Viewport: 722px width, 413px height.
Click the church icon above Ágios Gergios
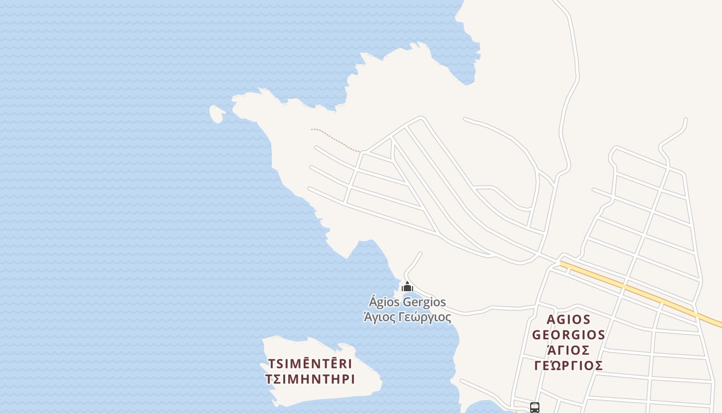coord(407,287)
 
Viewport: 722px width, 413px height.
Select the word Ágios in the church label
coord(384,302)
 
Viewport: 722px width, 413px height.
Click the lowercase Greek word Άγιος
coord(377,317)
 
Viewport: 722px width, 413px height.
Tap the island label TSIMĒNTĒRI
coord(310,363)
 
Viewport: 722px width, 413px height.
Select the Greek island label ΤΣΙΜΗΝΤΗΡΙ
coord(310,379)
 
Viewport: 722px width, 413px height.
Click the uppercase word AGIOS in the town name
coord(568,320)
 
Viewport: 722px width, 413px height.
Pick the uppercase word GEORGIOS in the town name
coord(568,335)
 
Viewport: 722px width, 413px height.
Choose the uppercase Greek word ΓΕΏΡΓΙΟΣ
coord(568,366)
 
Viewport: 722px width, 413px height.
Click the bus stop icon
coord(535,408)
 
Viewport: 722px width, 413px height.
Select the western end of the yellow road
coord(563,264)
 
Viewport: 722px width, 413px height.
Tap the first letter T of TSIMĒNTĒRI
coord(271,363)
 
